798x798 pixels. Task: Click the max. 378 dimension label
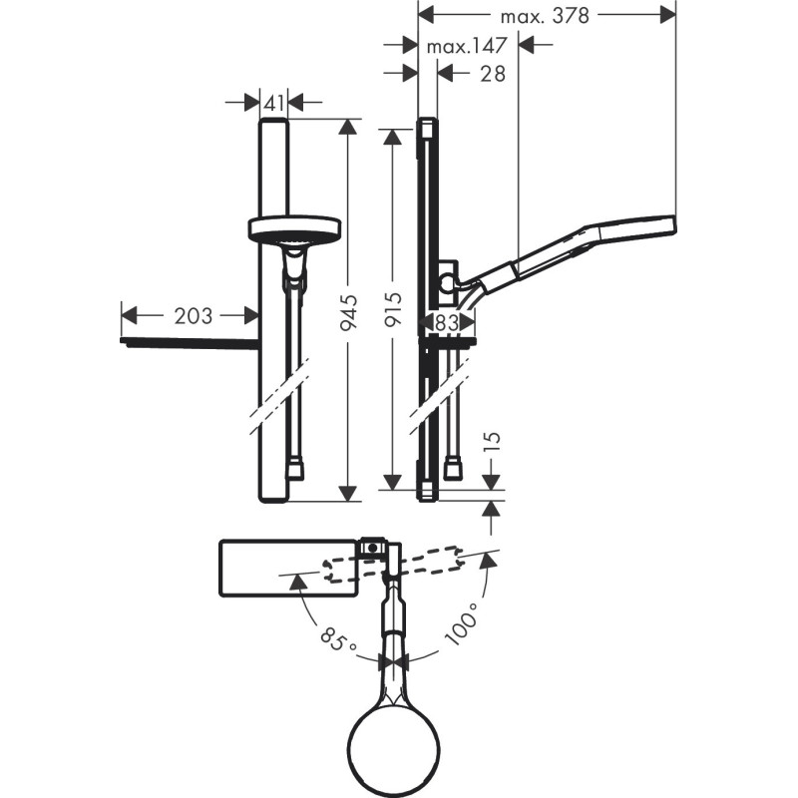click(545, 16)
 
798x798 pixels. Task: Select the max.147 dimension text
click(467, 46)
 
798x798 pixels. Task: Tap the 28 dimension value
click(493, 74)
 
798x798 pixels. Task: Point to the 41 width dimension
click(274, 104)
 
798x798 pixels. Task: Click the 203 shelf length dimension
click(193, 316)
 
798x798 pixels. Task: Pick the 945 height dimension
click(348, 312)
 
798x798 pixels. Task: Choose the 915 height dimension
click(392, 309)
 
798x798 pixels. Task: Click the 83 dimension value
click(447, 322)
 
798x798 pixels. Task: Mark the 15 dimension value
click(492, 441)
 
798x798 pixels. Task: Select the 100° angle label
click(462, 624)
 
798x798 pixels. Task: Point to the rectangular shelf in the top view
click(289, 568)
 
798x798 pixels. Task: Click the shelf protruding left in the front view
click(190, 342)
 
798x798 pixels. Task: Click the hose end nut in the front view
click(295, 469)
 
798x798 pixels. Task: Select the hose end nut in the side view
click(453, 469)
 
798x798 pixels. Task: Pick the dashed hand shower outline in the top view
click(393, 565)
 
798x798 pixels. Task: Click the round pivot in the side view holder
click(448, 282)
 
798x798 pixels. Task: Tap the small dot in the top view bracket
click(373, 548)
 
